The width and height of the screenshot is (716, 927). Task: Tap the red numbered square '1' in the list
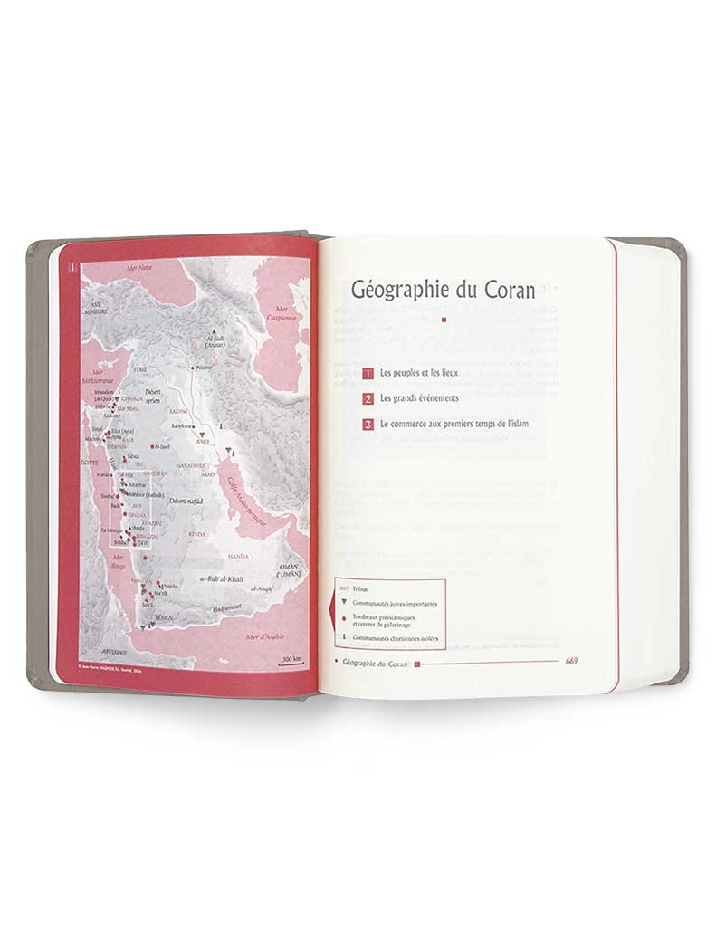(368, 374)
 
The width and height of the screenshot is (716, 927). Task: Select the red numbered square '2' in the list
(368, 398)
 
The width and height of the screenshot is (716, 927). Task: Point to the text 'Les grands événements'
(420, 398)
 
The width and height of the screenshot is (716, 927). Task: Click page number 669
(571, 661)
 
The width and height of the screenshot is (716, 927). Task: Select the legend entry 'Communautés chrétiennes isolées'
(396, 637)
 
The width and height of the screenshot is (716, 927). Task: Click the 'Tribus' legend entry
(361, 588)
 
